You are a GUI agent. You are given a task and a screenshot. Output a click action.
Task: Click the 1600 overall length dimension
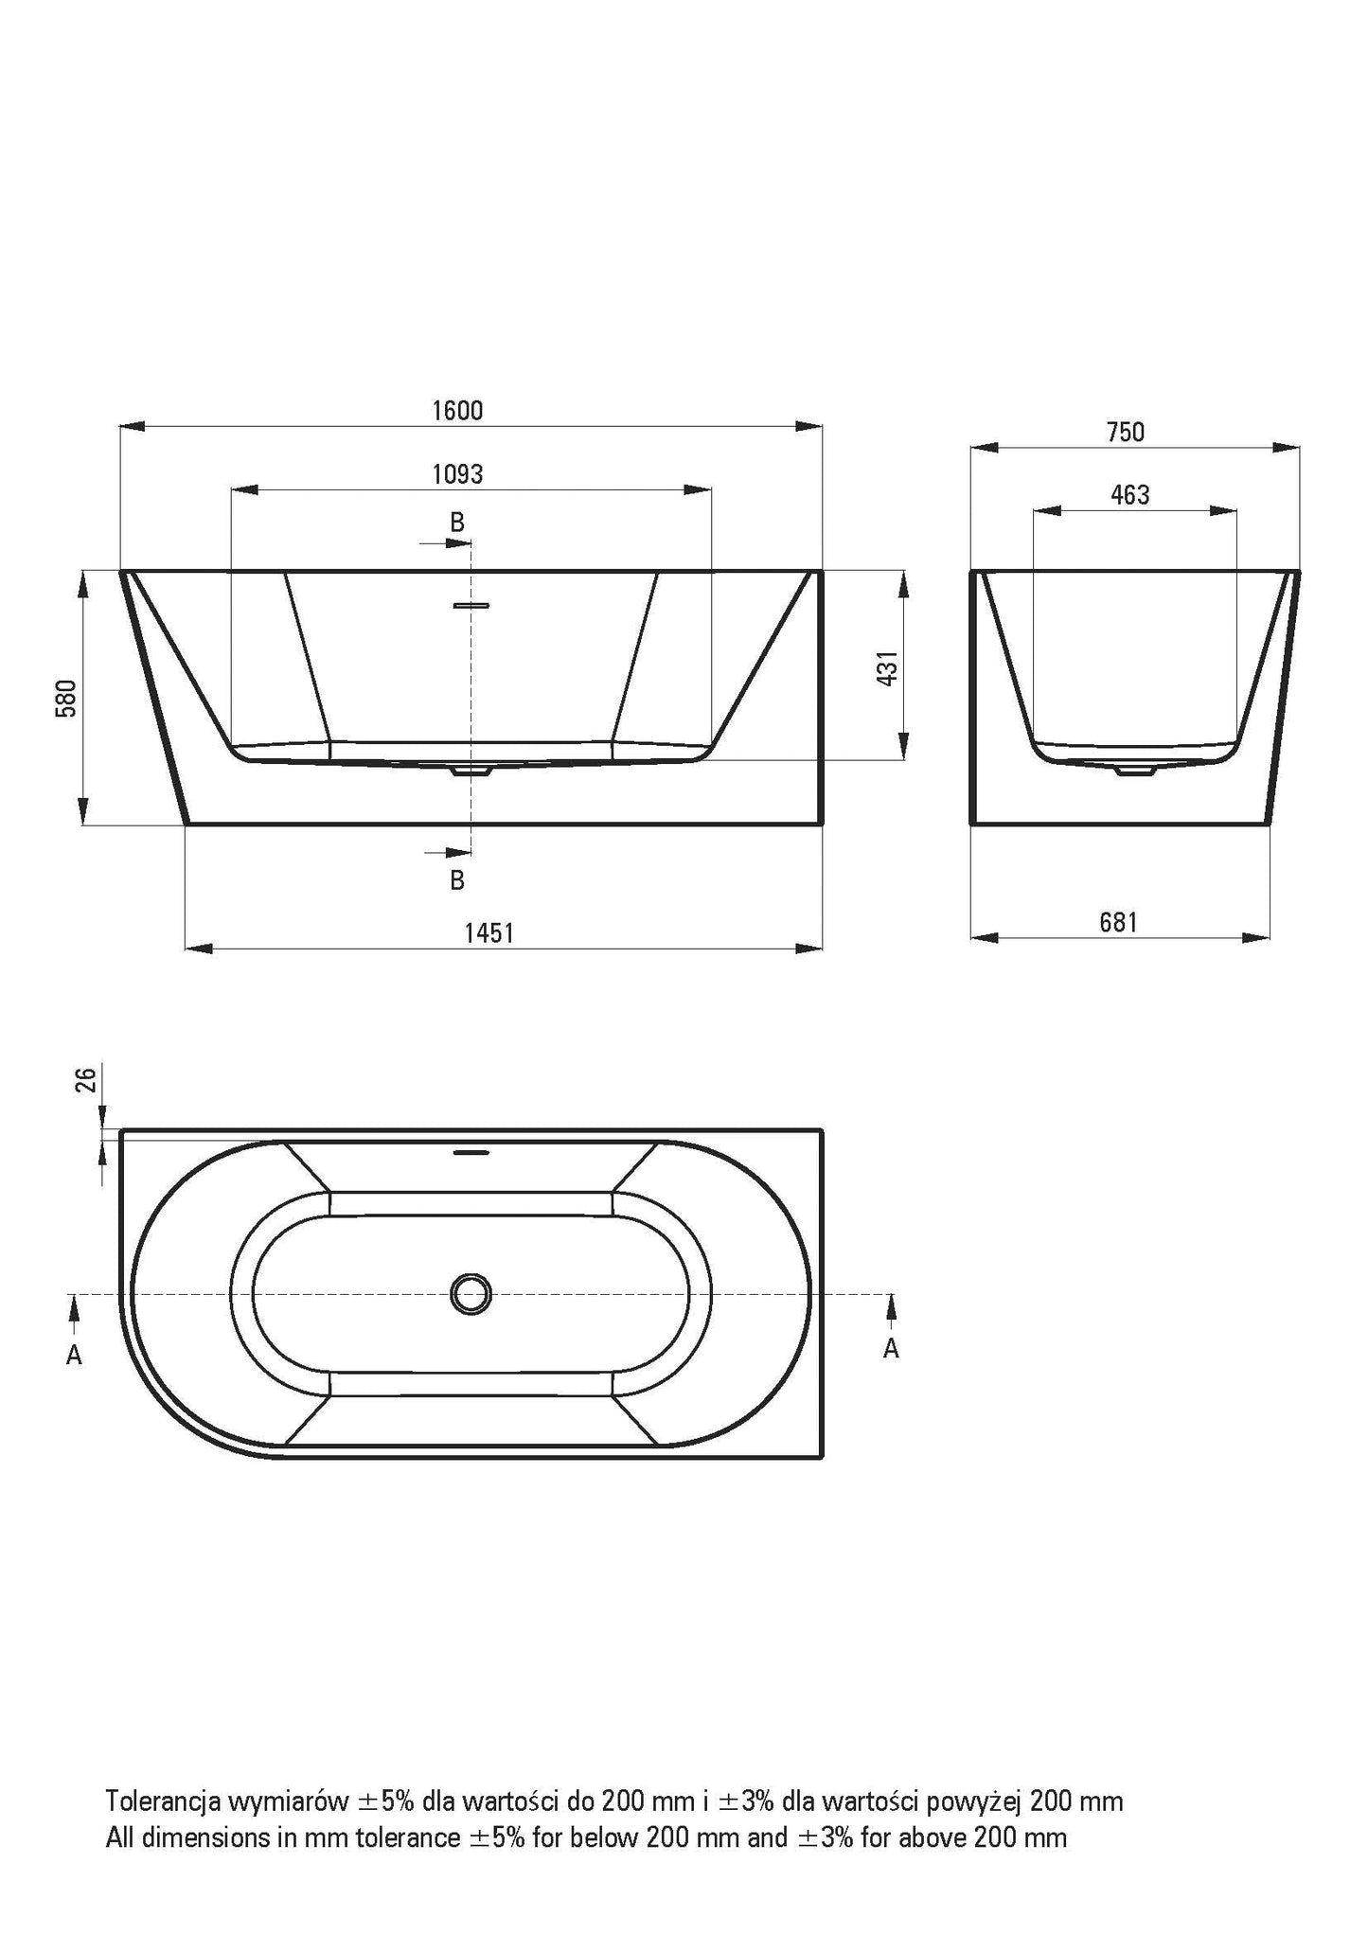click(457, 411)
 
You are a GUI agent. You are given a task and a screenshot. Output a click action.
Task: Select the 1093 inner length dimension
click(457, 474)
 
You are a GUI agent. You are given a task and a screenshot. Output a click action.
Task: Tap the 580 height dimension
click(65, 699)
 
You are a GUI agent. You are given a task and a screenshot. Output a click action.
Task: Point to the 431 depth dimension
click(886, 669)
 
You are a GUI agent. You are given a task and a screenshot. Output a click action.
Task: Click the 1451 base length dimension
click(489, 933)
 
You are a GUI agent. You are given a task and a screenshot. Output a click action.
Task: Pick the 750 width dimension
click(1125, 433)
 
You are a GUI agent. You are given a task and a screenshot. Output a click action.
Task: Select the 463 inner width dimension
click(1130, 495)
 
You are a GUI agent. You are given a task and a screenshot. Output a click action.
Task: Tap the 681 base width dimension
click(1118, 922)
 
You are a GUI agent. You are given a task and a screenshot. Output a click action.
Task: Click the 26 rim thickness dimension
click(85, 1079)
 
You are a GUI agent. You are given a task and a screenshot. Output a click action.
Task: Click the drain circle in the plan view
click(471, 1293)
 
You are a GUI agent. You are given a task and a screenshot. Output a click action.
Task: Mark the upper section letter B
click(457, 522)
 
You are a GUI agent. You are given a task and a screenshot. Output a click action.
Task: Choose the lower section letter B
click(457, 880)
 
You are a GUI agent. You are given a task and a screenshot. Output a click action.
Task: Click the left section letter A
click(74, 1356)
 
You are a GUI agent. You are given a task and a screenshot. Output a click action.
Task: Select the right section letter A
click(891, 1348)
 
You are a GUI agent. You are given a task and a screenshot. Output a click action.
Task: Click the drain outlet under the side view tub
click(1135, 771)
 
